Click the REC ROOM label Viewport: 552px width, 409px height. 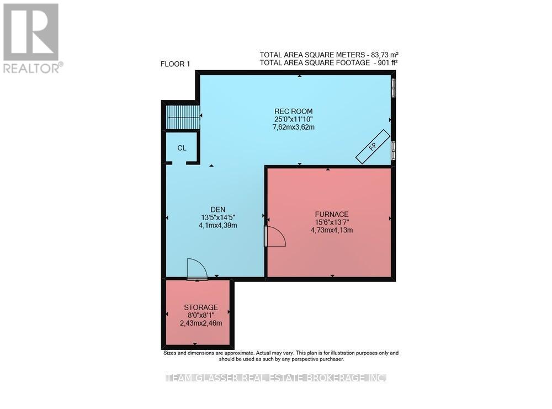pos(293,111)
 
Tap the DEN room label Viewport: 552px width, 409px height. pos(218,209)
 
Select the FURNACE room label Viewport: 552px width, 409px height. pos(332,214)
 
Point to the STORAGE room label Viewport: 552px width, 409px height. pos(201,307)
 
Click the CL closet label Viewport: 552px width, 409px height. pos(182,148)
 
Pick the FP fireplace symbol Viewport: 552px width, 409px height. pos(373,146)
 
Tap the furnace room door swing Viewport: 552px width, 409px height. pos(275,236)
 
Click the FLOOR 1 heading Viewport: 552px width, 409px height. pos(175,64)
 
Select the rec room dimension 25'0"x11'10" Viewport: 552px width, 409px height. pos(294,119)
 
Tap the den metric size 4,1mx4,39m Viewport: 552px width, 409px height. pos(218,225)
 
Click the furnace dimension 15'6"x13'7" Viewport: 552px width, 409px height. pos(332,222)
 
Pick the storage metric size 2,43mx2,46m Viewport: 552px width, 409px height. pos(201,323)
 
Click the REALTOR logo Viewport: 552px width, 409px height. pos(31,38)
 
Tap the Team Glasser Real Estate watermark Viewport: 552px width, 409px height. pos(277,378)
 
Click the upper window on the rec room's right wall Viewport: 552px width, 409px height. pos(394,87)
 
